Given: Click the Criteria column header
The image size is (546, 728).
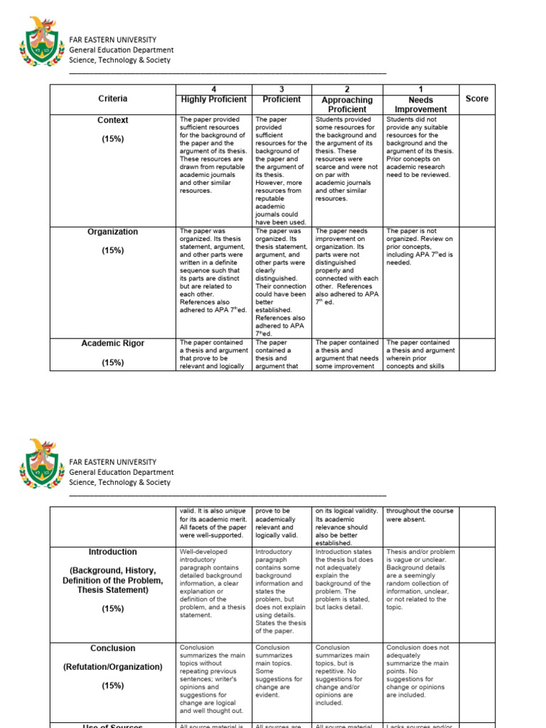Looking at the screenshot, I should coord(113,99).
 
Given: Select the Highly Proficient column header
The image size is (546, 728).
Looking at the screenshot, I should coord(214,100).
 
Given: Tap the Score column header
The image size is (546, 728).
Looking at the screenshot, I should coord(476,99).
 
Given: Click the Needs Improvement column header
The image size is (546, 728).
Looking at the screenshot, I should coord(421,105).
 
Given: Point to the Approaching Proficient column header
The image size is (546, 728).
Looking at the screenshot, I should coord(346,105).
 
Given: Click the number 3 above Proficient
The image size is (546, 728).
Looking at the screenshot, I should coord(282,90).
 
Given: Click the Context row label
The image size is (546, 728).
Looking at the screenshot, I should coord(113,120).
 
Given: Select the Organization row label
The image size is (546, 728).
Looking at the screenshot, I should coord(113,232).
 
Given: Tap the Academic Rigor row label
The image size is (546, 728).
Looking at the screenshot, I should coord(113,343).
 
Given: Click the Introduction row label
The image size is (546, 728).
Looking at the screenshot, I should coord(113,552).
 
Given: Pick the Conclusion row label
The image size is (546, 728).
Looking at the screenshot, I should coord(113,648).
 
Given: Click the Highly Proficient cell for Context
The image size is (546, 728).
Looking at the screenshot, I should coord(214,155).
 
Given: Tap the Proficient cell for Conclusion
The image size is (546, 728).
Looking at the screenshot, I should coord(282,672).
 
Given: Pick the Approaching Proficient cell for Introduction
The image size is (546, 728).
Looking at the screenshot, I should coord(346,579).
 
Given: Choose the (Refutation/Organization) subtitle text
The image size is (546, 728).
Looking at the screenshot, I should coord(113,667).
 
